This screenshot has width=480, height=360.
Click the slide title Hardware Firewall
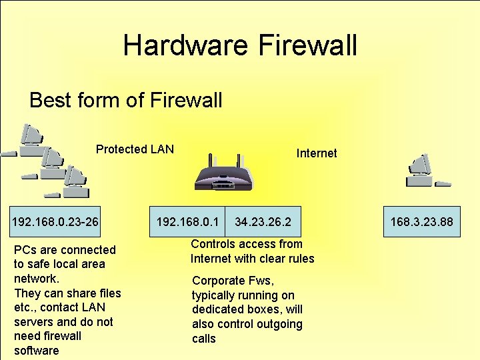[x=240, y=45]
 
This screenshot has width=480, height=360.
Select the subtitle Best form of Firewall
[x=126, y=101]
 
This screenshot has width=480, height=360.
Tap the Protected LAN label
[x=135, y=149]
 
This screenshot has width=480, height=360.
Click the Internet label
[x=317, y=153]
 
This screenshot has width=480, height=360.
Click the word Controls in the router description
[x=212, y=244]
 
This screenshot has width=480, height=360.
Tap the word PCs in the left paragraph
[x=24, y=250]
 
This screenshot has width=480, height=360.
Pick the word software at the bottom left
[x=36, y=351]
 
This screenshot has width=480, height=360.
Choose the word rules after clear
[x=299, y=259]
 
